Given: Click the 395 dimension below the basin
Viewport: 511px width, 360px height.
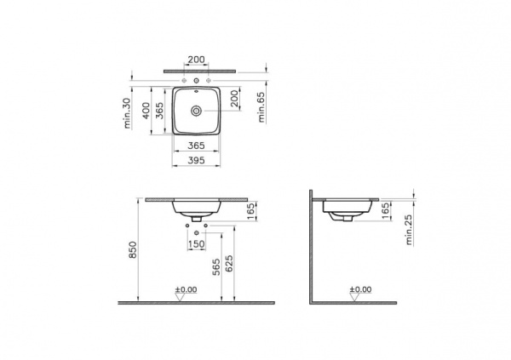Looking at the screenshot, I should point(197,160).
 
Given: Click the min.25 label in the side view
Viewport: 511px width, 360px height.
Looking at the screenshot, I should point(410,229).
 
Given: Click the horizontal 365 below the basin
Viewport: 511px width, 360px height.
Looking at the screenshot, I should point(197,146).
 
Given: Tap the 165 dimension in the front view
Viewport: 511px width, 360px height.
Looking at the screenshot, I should point(250,210).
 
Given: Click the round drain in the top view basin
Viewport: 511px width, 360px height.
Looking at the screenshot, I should point(197,110).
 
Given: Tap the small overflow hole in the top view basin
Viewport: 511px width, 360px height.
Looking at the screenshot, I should point(197,89).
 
